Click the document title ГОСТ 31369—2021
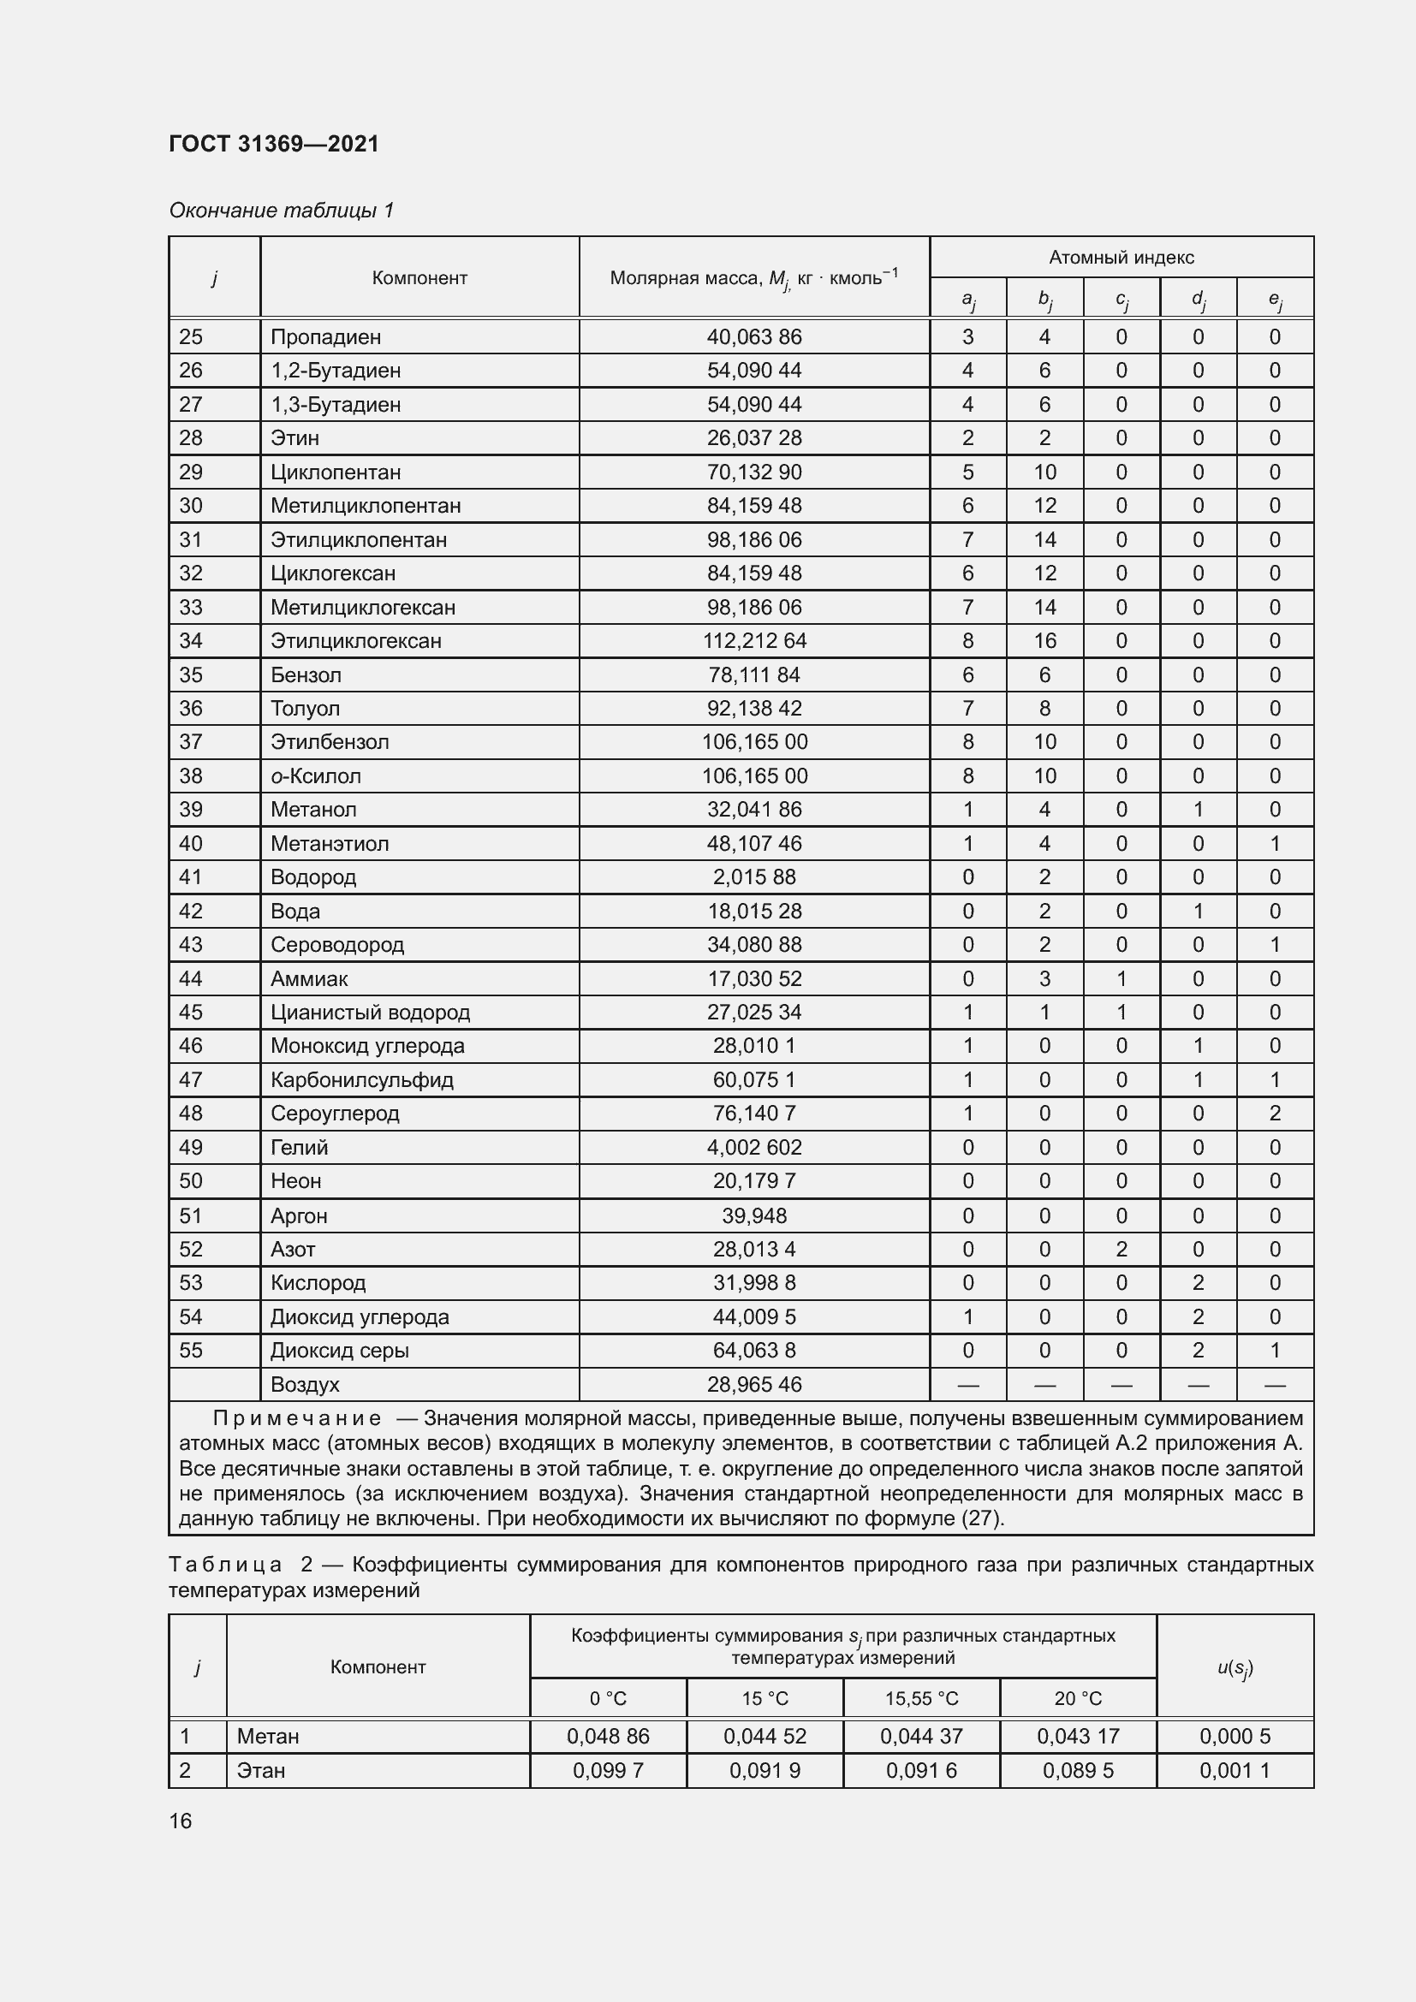coord(274,144)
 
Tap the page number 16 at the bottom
coord(181,1821)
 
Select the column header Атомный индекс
coord(1121,258)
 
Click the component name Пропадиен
coord(325,336)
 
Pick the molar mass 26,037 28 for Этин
coord(753,437)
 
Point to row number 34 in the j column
coord(191,641)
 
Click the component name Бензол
coord(305,674)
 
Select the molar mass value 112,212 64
coord(753,641)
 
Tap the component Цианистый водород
coord(370,1013)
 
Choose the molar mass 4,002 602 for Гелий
coord(753,1148)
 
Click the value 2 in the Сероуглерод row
coord(1274,1114)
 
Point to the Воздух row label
coord(304,1385)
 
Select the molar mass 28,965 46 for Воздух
coord(753,1385)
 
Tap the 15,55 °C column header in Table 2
coord(921,1698)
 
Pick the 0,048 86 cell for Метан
coord(608,1736)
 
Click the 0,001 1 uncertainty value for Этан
coord(1234,1770)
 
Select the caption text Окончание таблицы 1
coord(282,211)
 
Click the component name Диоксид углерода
coord(360,1316)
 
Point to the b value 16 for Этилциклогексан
coord(1044,641)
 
